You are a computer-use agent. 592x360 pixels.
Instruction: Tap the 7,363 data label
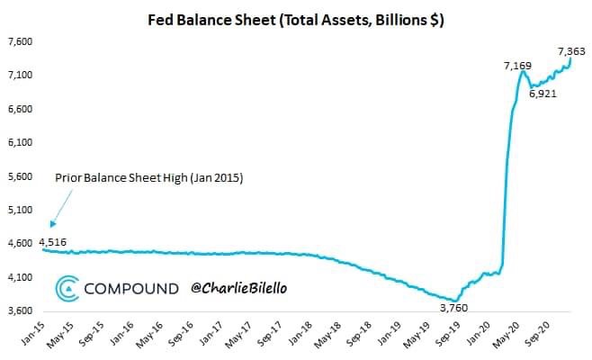[x=572, y=51]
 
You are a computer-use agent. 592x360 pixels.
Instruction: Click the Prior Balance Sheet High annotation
[x=149, y=178]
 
